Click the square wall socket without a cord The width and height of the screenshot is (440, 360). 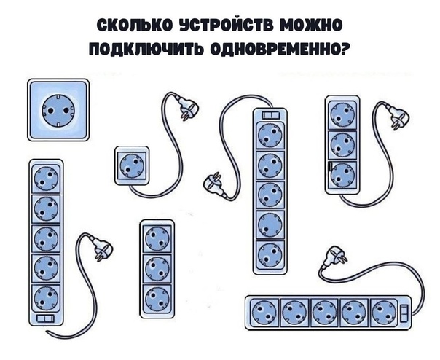pyautogui.click(x=58, y=110)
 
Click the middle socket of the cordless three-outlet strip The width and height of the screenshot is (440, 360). pyautogui.click(x=157, y=267)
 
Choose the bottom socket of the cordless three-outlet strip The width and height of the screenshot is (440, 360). pyautogui.click(x=157, y=296)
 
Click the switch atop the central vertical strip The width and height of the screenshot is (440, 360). pyautogui.click(x=270, y=114)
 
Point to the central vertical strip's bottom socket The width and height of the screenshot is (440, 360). pyautogui.click(x=270, y=254)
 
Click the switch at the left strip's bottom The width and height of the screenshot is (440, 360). pyautogui.click(x=45, y=320)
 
